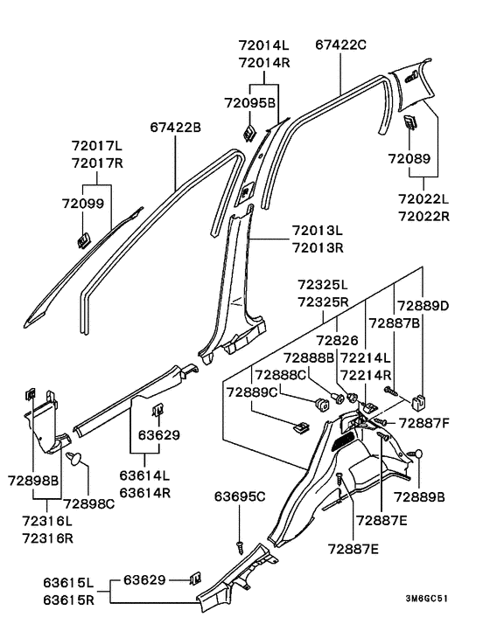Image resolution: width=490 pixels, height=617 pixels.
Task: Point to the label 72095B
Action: coord(249,102)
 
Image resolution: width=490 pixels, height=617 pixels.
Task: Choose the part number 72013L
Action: coord(318,229)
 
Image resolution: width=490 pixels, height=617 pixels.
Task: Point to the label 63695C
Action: coord(239,497)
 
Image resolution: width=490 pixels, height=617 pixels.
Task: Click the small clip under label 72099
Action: coord(85,237)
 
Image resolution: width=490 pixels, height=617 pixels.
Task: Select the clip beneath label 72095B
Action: coord(248,133)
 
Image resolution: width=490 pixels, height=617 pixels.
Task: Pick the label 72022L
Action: coord(424,200)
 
